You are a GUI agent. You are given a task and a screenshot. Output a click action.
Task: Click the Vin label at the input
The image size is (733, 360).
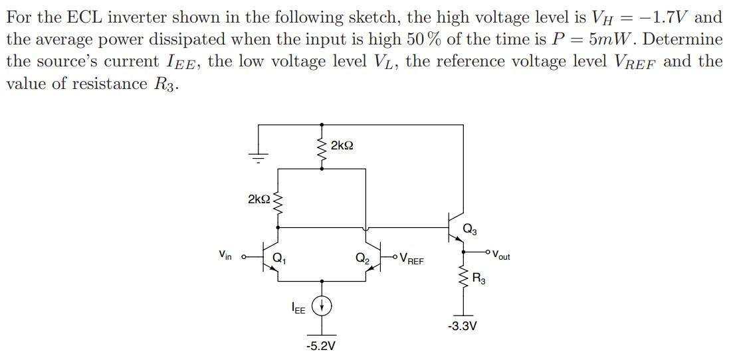point(225,254)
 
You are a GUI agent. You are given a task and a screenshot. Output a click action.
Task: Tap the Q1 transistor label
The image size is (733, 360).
point(279,258)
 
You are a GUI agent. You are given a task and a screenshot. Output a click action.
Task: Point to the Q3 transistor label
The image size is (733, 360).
point(469,230)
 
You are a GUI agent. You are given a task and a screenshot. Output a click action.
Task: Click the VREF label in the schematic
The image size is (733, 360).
point(411,260)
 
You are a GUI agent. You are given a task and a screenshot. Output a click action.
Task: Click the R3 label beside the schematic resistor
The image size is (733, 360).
point(479,279)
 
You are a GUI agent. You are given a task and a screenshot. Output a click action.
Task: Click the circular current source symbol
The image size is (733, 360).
point(322,306)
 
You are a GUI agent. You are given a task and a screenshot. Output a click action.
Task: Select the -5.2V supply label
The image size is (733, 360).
point(321,346)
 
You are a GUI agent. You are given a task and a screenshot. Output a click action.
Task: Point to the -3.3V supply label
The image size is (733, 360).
point(463,326)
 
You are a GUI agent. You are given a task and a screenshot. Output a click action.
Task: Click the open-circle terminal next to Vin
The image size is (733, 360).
point(243,256)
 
